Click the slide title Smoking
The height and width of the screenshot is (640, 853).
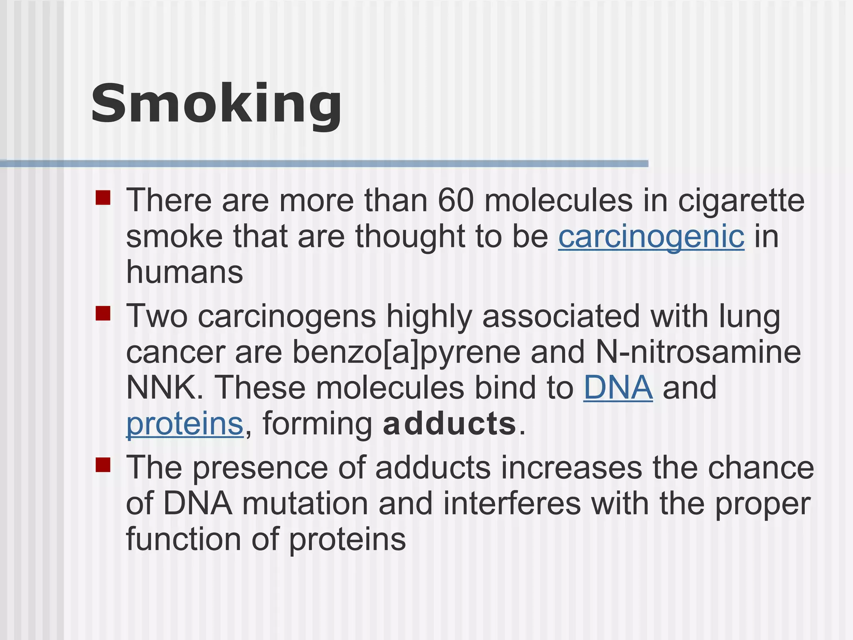pos(216,104)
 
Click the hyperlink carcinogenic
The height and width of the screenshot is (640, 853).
pos(651,237)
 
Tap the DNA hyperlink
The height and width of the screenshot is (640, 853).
pos(618,388)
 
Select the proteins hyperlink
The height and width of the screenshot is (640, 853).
pos(185,424)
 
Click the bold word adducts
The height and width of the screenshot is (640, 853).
pos(449,424)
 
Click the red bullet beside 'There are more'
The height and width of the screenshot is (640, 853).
pos(103,198)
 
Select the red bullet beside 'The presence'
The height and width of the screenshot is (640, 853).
pos(103,465)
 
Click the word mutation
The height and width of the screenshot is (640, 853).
pos(305,504)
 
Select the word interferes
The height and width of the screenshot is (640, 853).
pos(511,504)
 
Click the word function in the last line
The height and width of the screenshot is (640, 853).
pos(184,539)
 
